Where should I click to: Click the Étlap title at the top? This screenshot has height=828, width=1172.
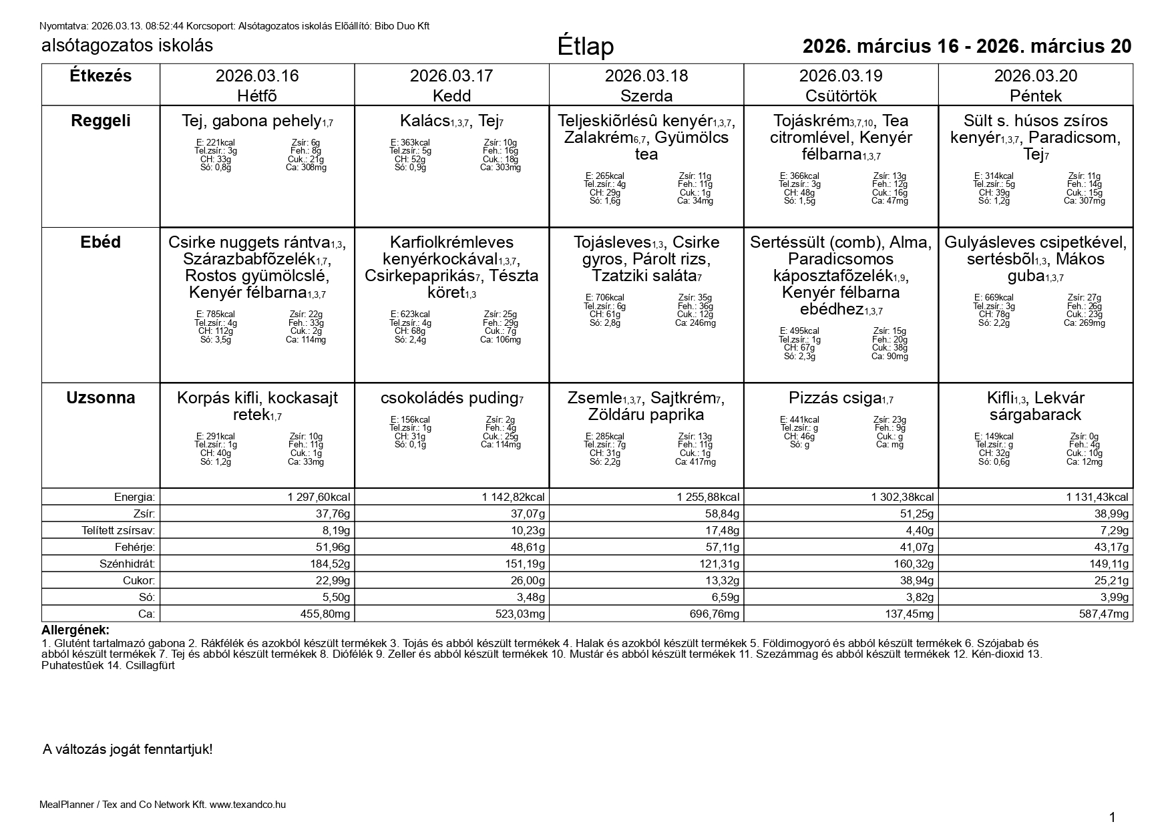pos(585,46)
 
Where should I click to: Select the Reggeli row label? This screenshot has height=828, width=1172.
pos(101,121)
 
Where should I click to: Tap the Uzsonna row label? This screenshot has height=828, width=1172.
pos(101,398)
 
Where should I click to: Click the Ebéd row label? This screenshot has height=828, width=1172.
pos(101,242)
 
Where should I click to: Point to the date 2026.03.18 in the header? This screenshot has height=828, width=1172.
pos(646,76)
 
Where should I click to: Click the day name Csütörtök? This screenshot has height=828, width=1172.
pos(841,95)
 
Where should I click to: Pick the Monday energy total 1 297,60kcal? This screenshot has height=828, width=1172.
pos(319,497)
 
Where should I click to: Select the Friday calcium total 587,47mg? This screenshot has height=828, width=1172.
pos(1101,614)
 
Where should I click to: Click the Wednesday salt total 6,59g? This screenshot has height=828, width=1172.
pos(720,597)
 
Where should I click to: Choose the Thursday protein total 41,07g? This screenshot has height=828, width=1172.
pos(914,547)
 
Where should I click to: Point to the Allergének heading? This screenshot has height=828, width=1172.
pos(75,630)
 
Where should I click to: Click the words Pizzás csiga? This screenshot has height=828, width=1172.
pos(835,398)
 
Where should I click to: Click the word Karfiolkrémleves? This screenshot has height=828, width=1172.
pos(451,242)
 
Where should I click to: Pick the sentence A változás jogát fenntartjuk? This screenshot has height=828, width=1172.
pos(128,749)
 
